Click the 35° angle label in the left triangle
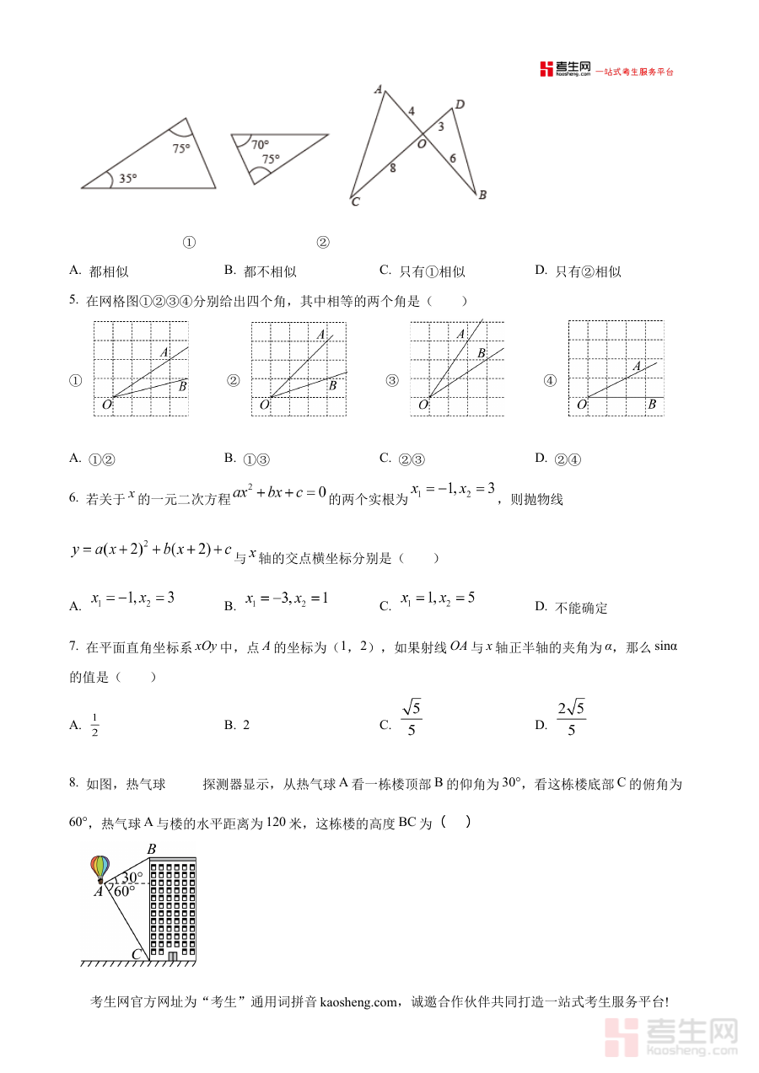[127, 178]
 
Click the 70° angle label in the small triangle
[260, 144]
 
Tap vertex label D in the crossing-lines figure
[460, 105]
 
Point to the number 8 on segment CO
[392, 169]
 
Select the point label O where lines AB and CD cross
[422, 144]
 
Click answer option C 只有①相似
[432, 271]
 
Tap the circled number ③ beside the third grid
[391, 381]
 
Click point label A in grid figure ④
[637, 366]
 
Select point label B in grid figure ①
[182, 386]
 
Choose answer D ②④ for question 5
[570, 459]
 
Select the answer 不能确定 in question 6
[582, 608]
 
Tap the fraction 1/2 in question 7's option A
[95, 724]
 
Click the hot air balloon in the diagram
[100, 869]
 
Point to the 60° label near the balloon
[124, 891]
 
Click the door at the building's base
[173, 956]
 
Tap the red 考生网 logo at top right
[566, 69]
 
